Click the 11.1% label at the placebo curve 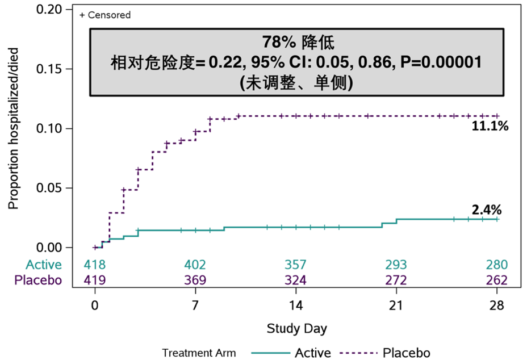490,126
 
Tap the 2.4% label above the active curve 487,210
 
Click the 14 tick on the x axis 296,305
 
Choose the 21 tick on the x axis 396,305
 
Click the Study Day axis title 296,329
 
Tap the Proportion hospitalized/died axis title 14,128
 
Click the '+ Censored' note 105,15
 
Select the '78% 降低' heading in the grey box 298,42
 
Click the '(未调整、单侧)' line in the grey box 298,83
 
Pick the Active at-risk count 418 95,265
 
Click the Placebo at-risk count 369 195,280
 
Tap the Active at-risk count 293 396,265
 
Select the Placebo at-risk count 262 496,280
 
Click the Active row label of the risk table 44,265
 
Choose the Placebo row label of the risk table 38,280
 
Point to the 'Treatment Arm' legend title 199,353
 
